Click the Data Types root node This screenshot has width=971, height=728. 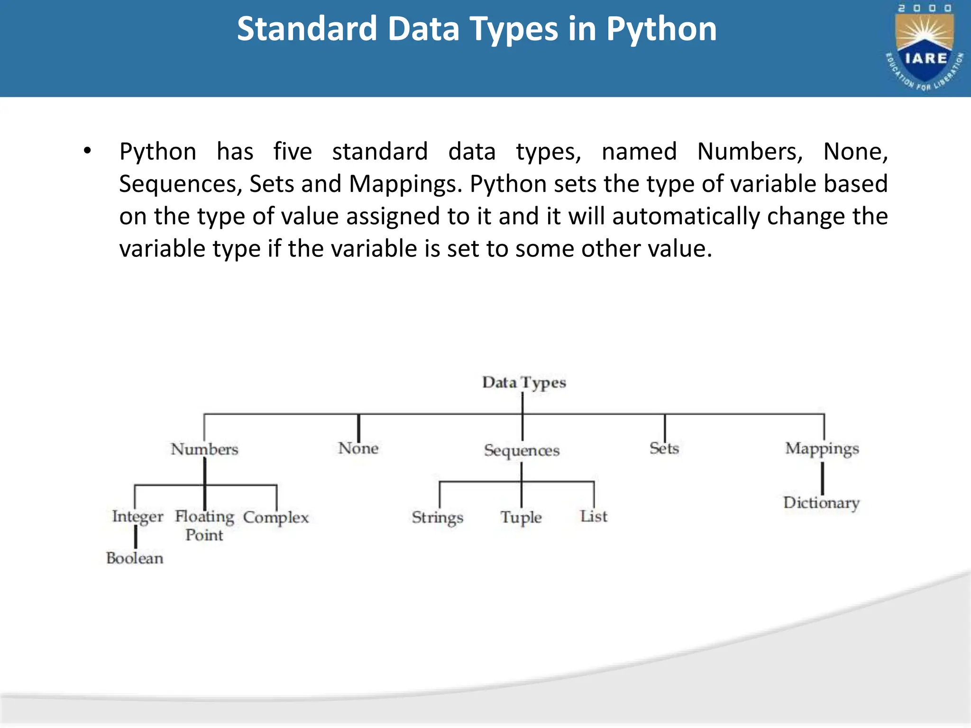click(x=524, y=382)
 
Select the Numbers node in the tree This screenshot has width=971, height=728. click(x=204, y=449)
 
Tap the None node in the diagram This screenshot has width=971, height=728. click(x=358, y=448)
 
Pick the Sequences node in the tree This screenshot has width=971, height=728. click(x=522, y=450)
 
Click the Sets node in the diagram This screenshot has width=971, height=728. click(x=664, y=448)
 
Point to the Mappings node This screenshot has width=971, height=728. click(x=822, y=449)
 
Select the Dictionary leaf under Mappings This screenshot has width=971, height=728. click(x=821, y=503)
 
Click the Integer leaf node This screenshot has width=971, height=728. click(x=137, y=517)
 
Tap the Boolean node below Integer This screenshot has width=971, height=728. click(x=135, y=558)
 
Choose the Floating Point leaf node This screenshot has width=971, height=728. click(x=204, y=525)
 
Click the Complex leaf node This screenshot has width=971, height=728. click(x=276, y=517)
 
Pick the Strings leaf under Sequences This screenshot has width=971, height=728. click(x=437, y=518)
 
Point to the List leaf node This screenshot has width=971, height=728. click(x=594, y=516)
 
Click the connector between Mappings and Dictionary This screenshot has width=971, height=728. click(x=822, y=478)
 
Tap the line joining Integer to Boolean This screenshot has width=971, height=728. click(x=136, y=537)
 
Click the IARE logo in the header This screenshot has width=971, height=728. click(x=925, y=47)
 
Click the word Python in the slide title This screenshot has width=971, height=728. click(x=661, y=29)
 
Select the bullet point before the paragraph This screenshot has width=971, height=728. click(x=87, y=151)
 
